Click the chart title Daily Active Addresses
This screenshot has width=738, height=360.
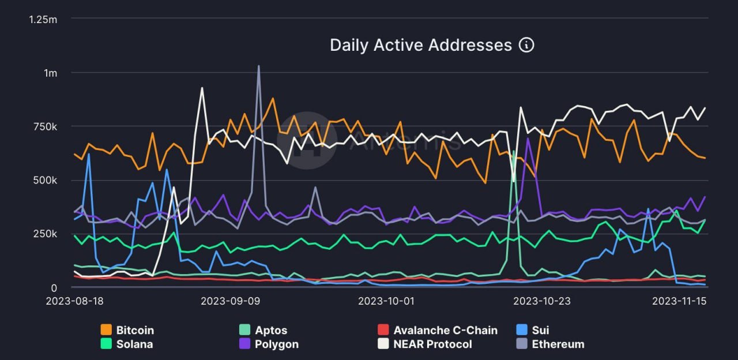point(420,45)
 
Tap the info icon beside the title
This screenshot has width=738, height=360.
point(526,45)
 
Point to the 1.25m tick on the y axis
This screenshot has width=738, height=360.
point(43,19)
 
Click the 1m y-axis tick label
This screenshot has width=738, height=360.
point(50,73)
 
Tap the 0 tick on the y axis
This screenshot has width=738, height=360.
point(54,288)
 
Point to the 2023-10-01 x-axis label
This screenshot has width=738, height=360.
point(386,301)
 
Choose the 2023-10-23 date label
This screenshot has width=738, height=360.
point(541,301)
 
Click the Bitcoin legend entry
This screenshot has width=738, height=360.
point(135,331)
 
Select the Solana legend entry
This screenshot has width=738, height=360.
point(134,344)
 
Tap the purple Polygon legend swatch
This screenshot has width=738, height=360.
point(245,344)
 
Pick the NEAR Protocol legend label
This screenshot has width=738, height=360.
point(432,344)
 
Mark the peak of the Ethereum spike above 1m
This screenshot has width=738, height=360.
point(258,66)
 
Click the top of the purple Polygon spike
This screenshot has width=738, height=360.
point(528,138)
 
